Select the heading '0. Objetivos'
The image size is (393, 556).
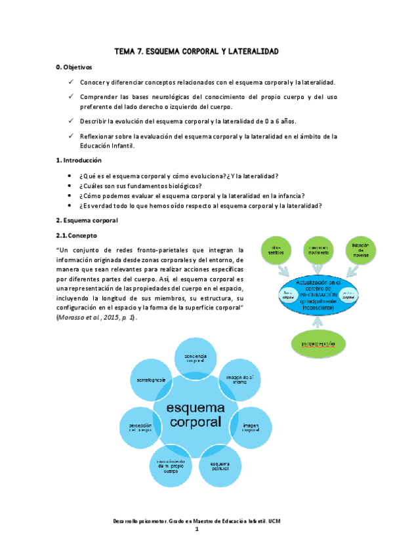(x=75, y=68)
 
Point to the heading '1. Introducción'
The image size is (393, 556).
(x=79, y=160)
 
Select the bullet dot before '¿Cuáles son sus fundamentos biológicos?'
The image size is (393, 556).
(x=70, y=186)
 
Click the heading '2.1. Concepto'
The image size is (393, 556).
(x=78, y=235)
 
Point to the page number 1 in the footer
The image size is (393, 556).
(x=196, y=530)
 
